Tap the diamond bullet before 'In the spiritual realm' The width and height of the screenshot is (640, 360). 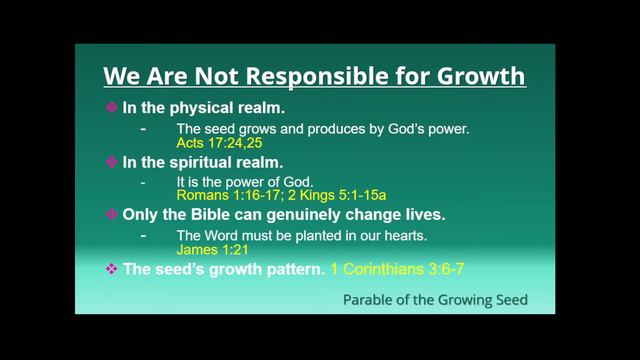(x=111, y=161)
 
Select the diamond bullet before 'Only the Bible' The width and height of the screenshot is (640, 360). (x=111, y=214)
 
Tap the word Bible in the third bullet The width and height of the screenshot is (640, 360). (x=210, y=214)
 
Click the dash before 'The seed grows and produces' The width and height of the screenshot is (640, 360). (x=145, y=129)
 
